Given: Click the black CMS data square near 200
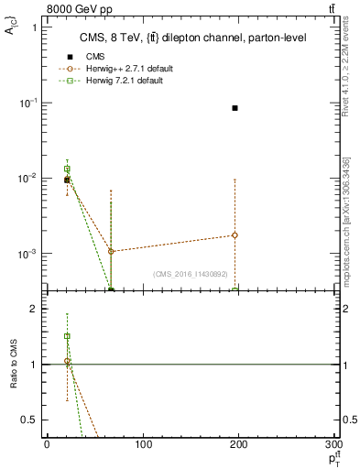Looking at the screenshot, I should coord(235,108).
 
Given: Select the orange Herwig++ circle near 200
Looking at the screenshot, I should coord(235,235).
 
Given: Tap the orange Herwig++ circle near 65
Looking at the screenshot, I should coord(111,251).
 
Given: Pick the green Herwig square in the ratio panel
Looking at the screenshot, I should coord(67,336).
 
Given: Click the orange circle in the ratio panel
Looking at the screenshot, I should coord(67,362).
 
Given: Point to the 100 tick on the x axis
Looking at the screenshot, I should coord(143,445).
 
